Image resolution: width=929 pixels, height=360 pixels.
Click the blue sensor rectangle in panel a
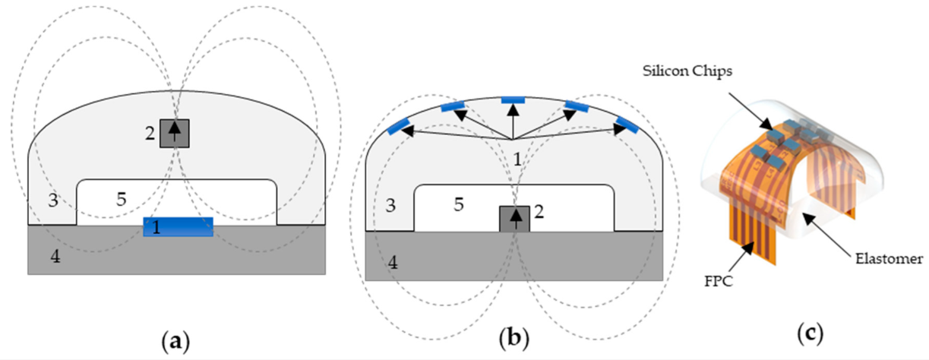point(178,226)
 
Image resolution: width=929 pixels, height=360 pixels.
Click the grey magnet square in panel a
point(175,133)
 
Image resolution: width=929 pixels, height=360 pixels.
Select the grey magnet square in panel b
point(513,219)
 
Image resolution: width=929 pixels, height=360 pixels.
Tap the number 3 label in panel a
point(52,202)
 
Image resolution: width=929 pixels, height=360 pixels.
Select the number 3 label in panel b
point(390,206)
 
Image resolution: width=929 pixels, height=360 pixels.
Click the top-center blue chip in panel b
point(513,99)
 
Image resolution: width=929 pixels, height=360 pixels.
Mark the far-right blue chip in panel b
point(627,124)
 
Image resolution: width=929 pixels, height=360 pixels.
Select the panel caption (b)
point(513,335)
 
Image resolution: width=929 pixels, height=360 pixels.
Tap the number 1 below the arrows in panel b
point(518,160)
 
